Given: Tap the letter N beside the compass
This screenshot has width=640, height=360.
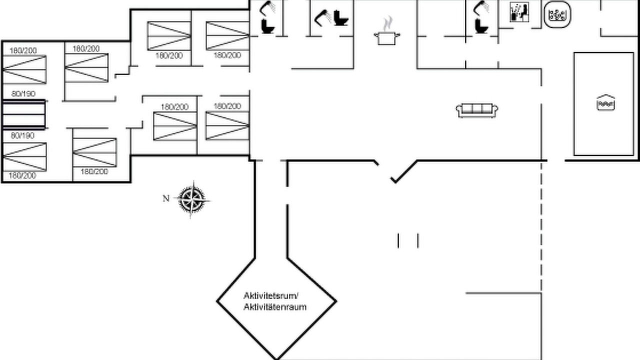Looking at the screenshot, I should click(x=166, y=198).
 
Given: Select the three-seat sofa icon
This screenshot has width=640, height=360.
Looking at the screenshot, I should click(x=477, y=109).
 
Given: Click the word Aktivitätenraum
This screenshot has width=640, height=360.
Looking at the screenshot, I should click(x=275, y=306).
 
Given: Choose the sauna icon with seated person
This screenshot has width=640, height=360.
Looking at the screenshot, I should click(x=520, y=12).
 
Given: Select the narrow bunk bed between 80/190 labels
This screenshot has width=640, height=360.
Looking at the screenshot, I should click(x=23, y=114).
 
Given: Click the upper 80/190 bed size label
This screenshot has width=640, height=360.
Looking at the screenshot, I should click(x=23, y=93).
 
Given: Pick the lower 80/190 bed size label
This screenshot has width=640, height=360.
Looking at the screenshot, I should click(x=23, y=135).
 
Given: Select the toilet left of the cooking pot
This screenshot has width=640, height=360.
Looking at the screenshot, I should click(x=342, y=18).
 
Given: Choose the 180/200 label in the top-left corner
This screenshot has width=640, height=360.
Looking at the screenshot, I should click(x=23, y=50).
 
